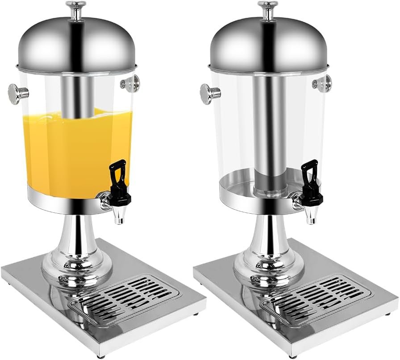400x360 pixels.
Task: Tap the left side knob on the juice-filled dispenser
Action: coord(17,93)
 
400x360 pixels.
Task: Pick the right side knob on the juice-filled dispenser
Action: coord(131,83)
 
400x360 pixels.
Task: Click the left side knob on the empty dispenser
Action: coord(209,94)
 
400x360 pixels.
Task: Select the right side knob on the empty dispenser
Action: coord(323,83)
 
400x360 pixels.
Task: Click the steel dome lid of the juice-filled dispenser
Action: coord(76,45)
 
